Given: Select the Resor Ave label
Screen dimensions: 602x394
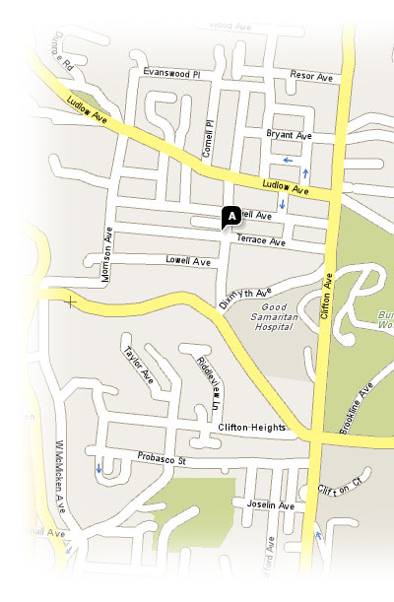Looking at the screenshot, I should click(x=312, y=76).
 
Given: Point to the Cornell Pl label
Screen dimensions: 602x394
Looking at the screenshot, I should click(x=208, y=139).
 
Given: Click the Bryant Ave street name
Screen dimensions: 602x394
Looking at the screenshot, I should click(x=289, y=134).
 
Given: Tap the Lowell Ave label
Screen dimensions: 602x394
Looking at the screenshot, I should click(x=187, y=262).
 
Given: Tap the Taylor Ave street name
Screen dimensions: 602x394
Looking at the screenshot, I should click(x=138, y=365).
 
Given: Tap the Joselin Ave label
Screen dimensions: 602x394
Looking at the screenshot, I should click(x=270, y=505).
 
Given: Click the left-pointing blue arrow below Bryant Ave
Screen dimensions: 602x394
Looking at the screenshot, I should click(x=287, y=159).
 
